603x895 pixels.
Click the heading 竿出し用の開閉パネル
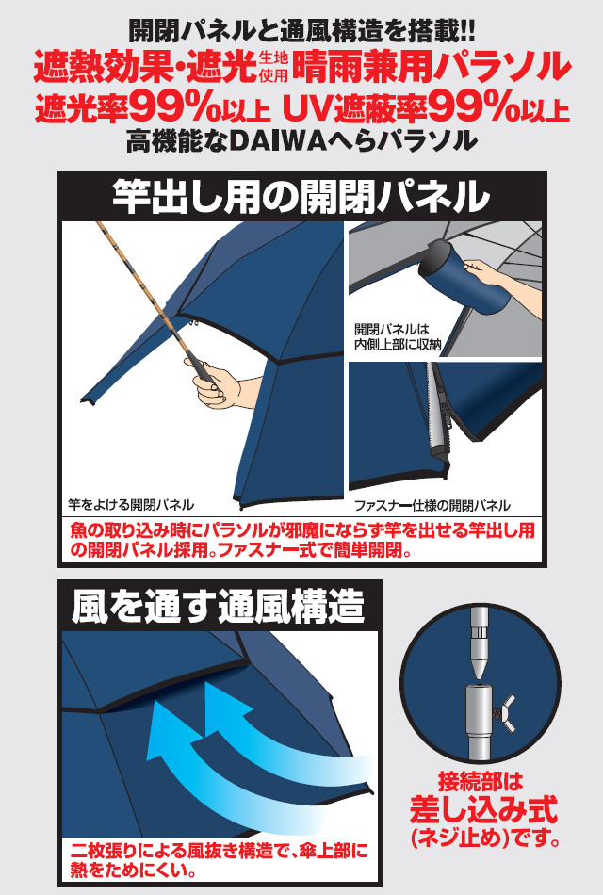pyautogui.click(x=301, y=196)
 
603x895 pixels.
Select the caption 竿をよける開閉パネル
pyautogui.click(x=131, y=505)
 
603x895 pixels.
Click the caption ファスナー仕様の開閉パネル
pyautogui.click(x=432, y=505)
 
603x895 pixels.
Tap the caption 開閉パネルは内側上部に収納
pyautogui.click(x=399, y=336)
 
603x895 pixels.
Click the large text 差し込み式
pyautogui.click(x=483, y=809)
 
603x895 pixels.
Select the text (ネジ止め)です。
pyautogui.click(x=484, y=838)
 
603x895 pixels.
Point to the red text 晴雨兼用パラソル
pyautogui.click(x=432, y=67)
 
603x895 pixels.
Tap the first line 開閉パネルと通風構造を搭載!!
pyautogui.click(x=301, y=31)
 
